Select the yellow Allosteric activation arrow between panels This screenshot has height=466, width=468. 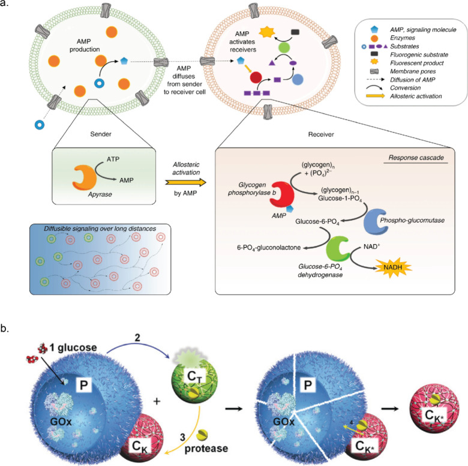pos(181,182)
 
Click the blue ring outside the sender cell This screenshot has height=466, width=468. pos(41,124)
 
